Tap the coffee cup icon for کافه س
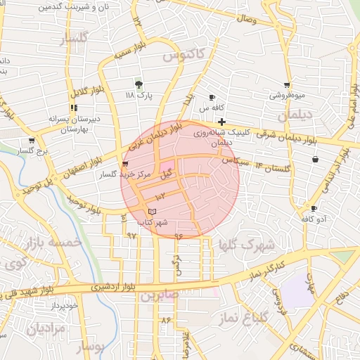tap(212, 97)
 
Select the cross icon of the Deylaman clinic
tap(221, 122)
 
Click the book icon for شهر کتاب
tap(153, 212)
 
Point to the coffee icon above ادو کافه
tap(314, 208)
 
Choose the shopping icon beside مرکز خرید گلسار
tap(126, 163)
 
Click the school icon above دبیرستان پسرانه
tap(73, 108)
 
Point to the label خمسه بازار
tap(51, 243)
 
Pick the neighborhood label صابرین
tap(160, 296)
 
